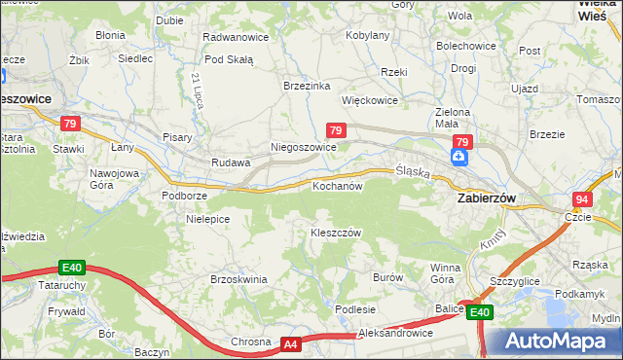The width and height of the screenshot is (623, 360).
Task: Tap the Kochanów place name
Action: pyautogui.click(x=337, y=185)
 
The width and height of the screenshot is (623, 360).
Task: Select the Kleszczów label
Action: pyautogui.click(x=336, y=234)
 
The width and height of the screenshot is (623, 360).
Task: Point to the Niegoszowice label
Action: pyautogui.click(x=303, y=148)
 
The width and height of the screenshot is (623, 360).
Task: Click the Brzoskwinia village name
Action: pyautogui.click(x=238, y=279)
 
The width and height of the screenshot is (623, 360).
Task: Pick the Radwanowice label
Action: pyautogui.click(x=235, y=36)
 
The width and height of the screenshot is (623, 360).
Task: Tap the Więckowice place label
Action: pyautogui.click(x=370, y=100)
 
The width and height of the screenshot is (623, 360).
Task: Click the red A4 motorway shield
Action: pyautogui.click(x=290, y=344)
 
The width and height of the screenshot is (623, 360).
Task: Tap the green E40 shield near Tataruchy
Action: pyautogui.click(x=71, y=267)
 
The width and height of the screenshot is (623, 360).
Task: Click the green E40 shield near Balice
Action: pyautogui.click(x=478, y=312)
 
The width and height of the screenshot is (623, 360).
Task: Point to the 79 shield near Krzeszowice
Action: pyautogui.click(x=69, y=124)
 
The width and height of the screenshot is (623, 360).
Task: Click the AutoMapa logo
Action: pyautogui.click(x=553, y=342)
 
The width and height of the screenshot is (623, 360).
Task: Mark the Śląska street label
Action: pyautogui.click(x=413, y=171)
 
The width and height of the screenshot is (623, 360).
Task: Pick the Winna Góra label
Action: pyautogui.click(x=446, y=273)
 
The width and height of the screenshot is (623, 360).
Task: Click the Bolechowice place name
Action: pyautogui.click(x=466, y=46)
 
